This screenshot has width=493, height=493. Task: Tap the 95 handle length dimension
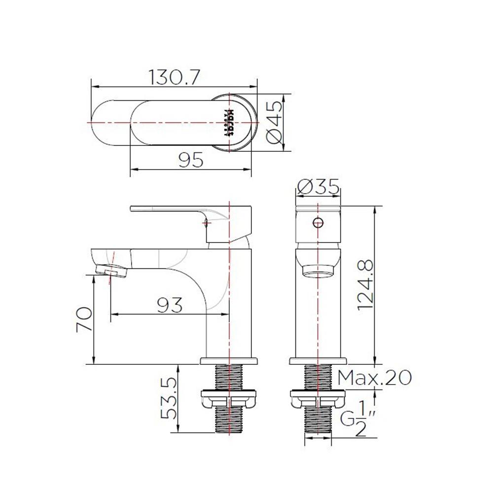[191, 161]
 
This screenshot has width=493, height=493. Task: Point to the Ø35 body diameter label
[318, 187]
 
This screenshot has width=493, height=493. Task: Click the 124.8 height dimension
[365, 285]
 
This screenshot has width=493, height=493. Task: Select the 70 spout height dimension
[84, 319]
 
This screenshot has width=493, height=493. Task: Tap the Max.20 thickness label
[375, 378]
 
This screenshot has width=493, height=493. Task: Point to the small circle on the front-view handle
[318, 222]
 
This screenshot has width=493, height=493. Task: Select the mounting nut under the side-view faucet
[230, 398]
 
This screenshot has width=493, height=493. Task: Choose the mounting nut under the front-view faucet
[317, 398]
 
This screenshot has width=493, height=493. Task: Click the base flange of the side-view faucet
[229, 361]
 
